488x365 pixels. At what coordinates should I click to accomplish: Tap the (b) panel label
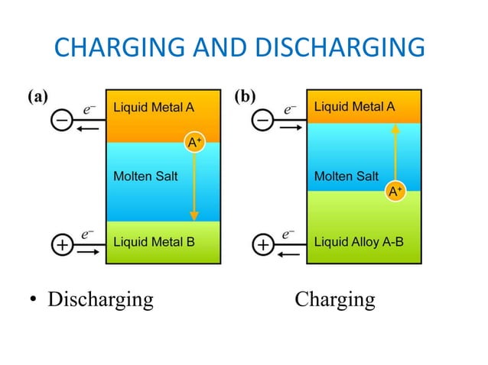coord(244,97)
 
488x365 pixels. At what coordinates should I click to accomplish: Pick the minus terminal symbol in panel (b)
coord(263,121)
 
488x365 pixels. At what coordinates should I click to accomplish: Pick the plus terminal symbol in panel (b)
coord(263,245)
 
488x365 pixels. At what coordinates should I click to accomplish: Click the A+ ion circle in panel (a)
coord(195,141)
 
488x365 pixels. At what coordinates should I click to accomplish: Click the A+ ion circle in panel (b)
coord(395,192)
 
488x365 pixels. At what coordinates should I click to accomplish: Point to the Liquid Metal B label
coord(154,243)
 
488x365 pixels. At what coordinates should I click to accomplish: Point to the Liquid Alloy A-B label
coord(359,243)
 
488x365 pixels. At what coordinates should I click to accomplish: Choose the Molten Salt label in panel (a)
coord(145,176)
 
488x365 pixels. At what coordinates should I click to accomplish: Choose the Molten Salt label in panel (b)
coord(346,176)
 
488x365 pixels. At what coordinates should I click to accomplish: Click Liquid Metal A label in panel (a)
coord(154,107)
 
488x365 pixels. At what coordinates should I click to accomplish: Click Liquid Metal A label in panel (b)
coord(355,107)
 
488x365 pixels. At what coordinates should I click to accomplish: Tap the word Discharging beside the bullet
coord(100,299)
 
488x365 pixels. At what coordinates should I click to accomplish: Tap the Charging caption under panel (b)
coord(335,299)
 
